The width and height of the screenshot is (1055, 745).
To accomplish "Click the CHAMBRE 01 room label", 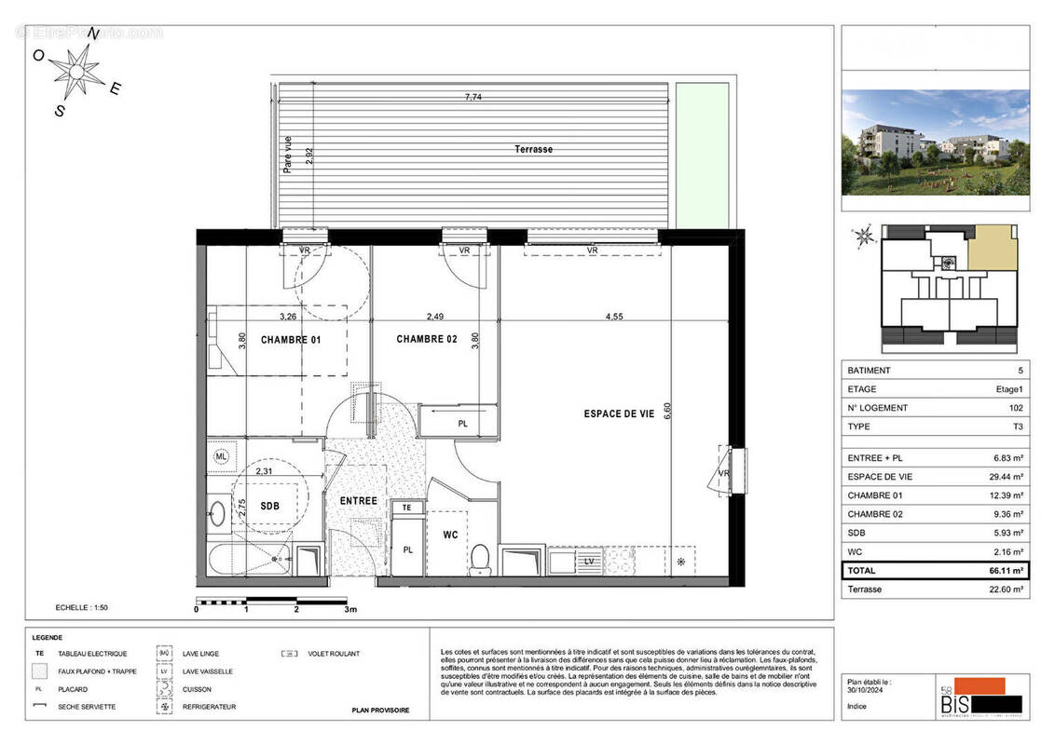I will pos(290,340).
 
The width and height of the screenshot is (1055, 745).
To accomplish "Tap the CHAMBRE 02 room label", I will pos(427,339).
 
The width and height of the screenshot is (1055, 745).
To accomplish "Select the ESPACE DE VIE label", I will pos(616,413).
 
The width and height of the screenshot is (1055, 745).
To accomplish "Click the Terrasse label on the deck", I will pos(533,149).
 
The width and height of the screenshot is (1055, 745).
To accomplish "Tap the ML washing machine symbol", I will pos(221,456).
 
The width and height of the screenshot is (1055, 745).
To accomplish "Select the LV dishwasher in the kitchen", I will pos(589,562).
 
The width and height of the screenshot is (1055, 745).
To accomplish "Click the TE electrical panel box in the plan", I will pos(406,508).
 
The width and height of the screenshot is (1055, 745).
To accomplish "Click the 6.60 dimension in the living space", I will pos(666,412).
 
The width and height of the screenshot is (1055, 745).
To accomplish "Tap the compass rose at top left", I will pos(76,69).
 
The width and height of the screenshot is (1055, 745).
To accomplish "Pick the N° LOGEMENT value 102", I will pos(1015,408).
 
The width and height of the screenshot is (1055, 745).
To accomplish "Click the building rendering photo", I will pos(935,142).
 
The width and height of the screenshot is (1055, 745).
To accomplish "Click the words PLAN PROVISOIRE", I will pos(380,711).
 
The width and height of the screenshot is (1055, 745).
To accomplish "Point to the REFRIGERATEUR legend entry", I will pos(209,707).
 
